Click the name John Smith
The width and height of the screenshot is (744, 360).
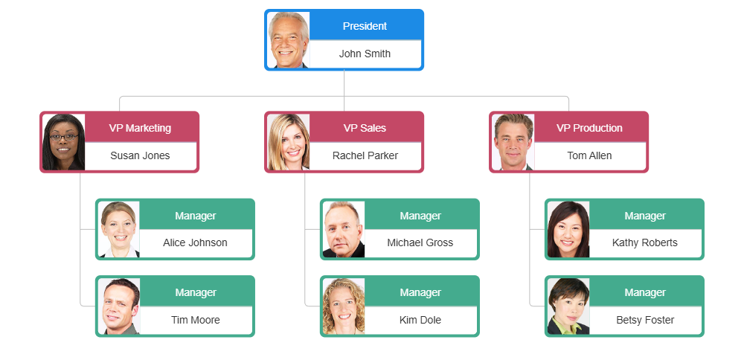(365, 54)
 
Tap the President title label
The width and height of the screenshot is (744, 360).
(365, 26)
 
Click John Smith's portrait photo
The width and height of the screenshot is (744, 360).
(289, 40)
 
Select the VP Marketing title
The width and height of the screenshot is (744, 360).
(140, 128)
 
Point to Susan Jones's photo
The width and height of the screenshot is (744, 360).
(64, 142)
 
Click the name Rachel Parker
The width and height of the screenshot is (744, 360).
(365, 155)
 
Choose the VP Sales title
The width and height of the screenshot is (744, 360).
(365, 128)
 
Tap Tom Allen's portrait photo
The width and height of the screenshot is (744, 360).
(513, 142)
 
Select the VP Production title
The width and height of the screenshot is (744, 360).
(589, 128)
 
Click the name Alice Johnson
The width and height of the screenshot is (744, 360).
(195, 242)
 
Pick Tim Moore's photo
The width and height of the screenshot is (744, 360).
(119, 306)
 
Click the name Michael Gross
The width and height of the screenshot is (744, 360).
(420, 242)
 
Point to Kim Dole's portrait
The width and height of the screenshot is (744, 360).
(344, 306)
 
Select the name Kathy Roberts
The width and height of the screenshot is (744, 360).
(644, 242)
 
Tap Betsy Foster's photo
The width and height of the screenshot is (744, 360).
(568, 306)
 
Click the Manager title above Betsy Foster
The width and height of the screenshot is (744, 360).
(644, 292)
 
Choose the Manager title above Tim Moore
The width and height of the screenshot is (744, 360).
(195, 292)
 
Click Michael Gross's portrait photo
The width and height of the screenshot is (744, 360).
(344, 229)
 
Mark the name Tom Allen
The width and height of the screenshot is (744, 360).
(589, 155)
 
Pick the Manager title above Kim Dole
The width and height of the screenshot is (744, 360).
(420, 292)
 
